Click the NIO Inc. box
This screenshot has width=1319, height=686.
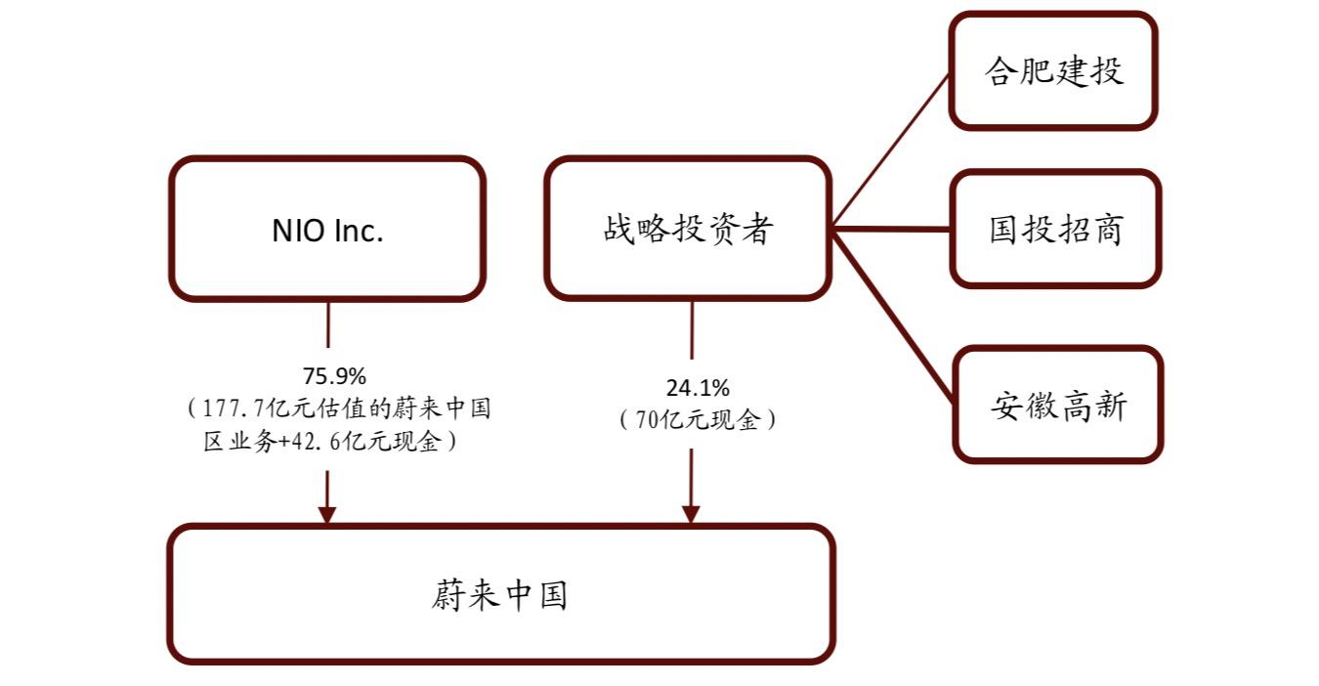(x=327, y=229)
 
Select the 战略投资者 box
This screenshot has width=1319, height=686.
(x=688, y=229)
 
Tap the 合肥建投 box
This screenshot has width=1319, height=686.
(x=1053, y=71)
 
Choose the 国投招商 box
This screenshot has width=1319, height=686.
(x=1055, y=229)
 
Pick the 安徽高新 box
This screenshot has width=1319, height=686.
(x=1058, y=404)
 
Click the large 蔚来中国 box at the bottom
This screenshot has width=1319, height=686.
(x=500, y=594)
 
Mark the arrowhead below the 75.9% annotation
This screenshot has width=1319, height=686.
(x=327, y=514)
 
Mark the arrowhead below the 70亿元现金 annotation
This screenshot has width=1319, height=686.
(x=692, y=514)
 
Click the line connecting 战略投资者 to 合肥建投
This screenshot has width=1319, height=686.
(x=891, y=150)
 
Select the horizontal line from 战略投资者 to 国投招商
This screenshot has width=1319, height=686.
(x=891, y=230)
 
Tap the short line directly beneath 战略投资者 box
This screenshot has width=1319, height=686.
(x=692, y=332)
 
